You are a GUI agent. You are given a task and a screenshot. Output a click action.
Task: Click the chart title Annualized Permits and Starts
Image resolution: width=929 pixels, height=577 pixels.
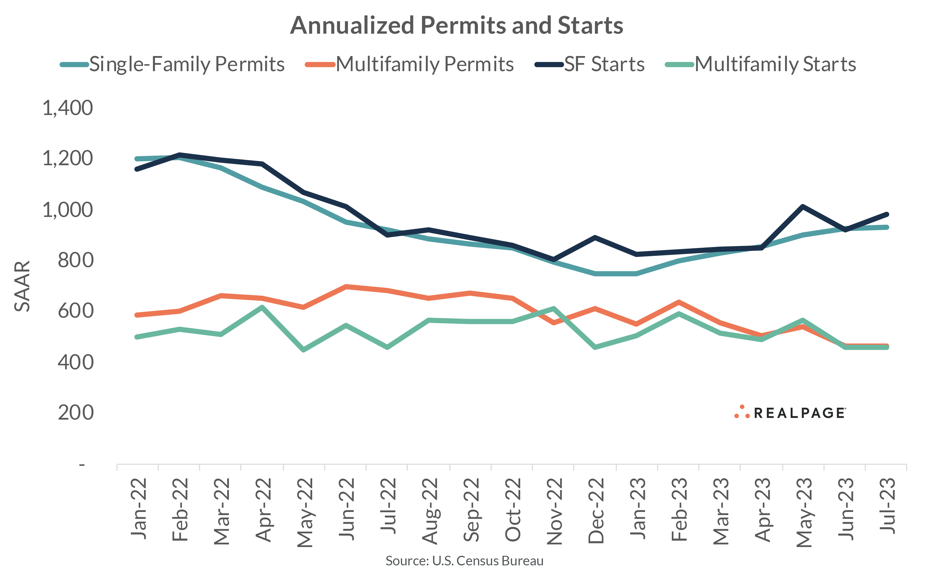pyautogui.click(x=456, y=25)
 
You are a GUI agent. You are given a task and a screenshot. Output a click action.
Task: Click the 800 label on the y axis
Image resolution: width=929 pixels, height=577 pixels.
pyautogui.click(x=75, y=261)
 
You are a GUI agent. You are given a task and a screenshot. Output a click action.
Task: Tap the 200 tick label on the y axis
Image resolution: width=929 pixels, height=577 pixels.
pyautogui.click(x=75, y=413)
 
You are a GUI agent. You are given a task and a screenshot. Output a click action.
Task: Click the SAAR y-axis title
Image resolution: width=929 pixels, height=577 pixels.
pyautogui.click(x=22, y=286)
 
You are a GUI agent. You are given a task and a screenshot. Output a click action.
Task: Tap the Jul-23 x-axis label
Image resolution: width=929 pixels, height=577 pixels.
pyautogui.click(x=887, y=506)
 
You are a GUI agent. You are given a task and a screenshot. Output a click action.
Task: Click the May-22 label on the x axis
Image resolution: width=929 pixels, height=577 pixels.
pyautogui.click(x=305, y=513)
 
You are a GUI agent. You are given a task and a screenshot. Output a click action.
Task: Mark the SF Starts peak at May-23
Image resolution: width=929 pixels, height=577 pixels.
pyautogui.click(x=803, y=206)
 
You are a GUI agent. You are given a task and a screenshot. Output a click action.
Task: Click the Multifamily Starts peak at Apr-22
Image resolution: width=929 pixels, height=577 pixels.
pyautogui.click(x=262, y=307)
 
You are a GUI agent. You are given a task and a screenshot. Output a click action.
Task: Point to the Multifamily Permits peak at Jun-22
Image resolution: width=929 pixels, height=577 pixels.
pyautogui.click(x=346, y=286)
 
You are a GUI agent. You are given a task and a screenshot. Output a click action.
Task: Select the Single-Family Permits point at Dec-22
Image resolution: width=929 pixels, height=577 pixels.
pyautogui.click(x=595, y=274)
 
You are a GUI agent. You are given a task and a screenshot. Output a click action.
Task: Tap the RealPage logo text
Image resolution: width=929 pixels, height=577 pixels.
pyautogui.click(x=799, y=413)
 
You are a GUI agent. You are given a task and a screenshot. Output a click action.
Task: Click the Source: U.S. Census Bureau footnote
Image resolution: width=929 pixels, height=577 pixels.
pyautogui.click(x=464, y=560)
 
